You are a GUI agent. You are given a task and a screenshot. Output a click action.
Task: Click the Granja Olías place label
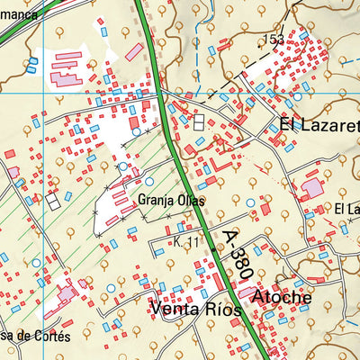point(171,202)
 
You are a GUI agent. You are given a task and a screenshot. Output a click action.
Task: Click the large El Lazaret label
point(319,126)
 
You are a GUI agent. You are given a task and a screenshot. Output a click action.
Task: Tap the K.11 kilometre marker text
point(186,244)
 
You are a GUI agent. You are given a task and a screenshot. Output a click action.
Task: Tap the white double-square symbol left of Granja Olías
point(54,203)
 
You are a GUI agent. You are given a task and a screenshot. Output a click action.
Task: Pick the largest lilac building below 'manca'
point(66,79)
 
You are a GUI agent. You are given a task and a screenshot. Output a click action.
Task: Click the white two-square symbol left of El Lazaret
point(197,123)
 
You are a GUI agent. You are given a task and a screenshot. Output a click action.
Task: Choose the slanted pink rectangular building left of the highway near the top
point(134,52)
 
